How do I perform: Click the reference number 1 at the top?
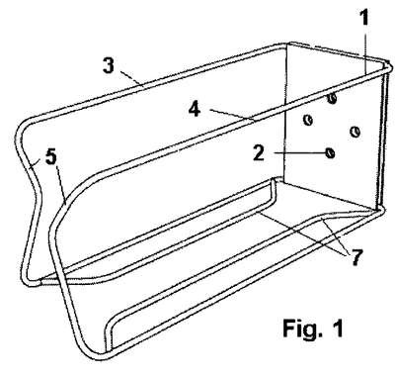[x=364, y=18]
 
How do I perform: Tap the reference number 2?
[x=259, y=153]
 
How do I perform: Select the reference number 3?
[x=109, y=65]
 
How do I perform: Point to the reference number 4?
[x=195, y=109]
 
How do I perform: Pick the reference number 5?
[x=51, y=157]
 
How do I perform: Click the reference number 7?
[x=357, y=257]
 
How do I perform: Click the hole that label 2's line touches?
[x=330, y=152]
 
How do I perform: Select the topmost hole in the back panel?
[x=333, y=98]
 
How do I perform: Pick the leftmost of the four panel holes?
[x=308, y=120]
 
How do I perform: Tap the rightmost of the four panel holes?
[x=355, y=132]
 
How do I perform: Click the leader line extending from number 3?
[x=130, y=78]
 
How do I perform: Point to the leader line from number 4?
[x=232, y=115]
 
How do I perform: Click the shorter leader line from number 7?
[x=335, y=236]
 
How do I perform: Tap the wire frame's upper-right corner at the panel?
[x=388, y=66]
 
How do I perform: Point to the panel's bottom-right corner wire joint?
[x=379, y=209]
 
